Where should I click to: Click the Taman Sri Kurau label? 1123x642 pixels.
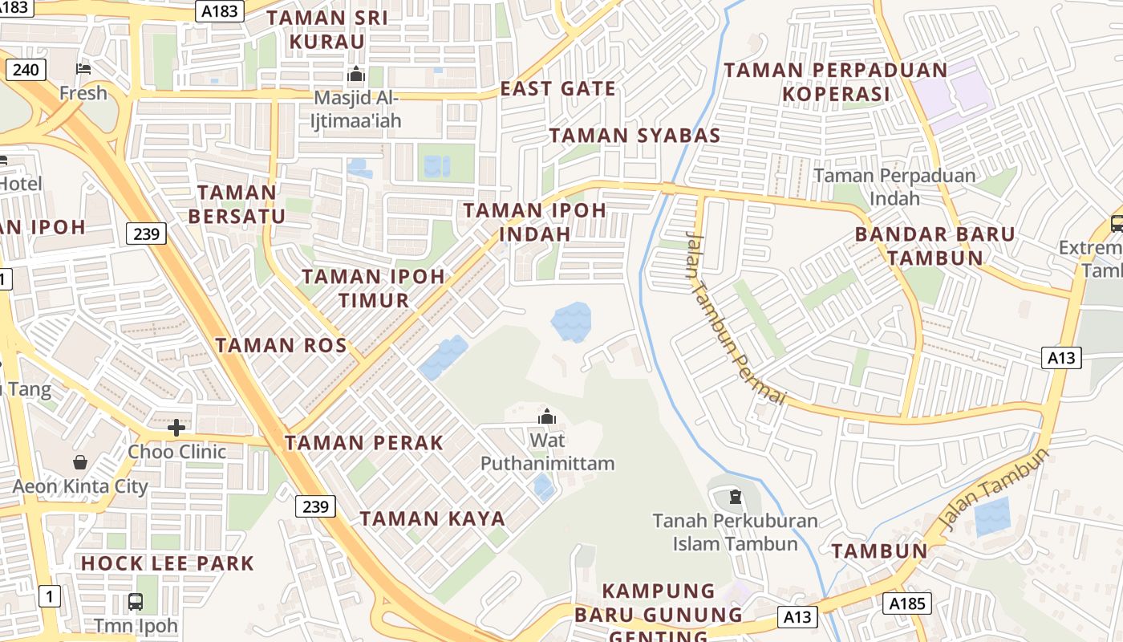tap(326, 30)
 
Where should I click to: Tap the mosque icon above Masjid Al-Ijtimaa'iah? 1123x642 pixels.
tap(355, 75)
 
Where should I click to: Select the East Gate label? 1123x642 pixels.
tap(558, 88)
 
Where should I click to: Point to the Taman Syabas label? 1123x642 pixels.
tap(634, 135)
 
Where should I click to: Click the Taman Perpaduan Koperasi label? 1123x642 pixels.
tap(836, 82)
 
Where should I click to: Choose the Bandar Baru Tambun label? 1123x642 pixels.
tap(935, 246)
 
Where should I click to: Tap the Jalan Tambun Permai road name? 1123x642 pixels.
tap(733, 318)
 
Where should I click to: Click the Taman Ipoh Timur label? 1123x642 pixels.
tap(373, 288)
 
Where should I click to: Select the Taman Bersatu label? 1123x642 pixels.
tap(237, 204)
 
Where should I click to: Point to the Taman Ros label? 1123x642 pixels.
tap(281, 345)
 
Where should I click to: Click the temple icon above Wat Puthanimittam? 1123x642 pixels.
tap(547, 416)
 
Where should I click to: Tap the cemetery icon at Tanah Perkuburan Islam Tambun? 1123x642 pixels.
tap(736, 497)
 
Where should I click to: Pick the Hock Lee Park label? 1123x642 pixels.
tap(167, 563)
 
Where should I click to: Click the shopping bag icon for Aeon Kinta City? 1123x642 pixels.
tap(80, 462)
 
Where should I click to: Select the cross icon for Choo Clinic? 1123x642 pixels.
tap(176, 427)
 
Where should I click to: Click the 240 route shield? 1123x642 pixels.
tap(26, 70)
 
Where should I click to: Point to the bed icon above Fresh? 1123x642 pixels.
tap(83, 69)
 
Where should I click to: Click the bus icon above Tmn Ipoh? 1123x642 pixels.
tap(136, 601)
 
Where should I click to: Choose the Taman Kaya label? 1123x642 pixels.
tap(432, 518)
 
